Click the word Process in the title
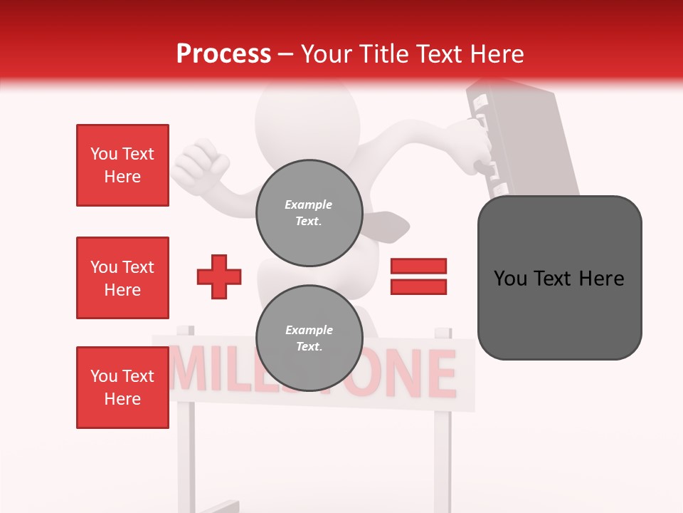(x=223, y=54)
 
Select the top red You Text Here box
(x=122, y=165)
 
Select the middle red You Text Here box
(x=122, y=278)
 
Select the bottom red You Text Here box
(x=122, y=388)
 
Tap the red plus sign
(x=219, y=276)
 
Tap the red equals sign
(x=418, y=276)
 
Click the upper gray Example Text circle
(x=309, y=212)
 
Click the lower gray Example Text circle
(x=309, y=338)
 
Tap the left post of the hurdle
(x=185, y=442)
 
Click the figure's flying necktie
(x=388, y=227)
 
